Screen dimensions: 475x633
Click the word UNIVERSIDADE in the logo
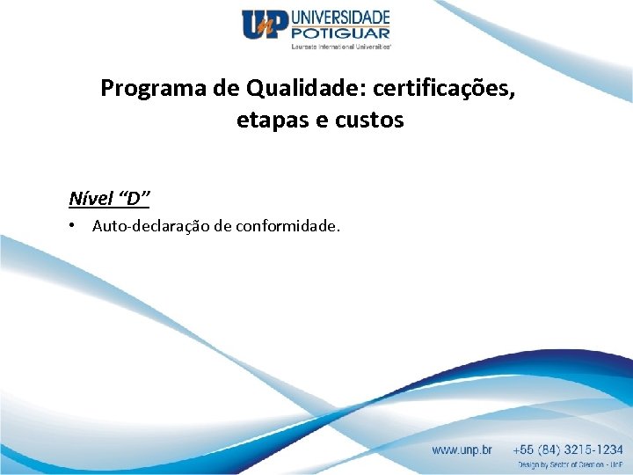point(339,16)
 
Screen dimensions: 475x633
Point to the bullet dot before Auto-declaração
point(72,226)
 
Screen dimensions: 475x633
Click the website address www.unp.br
point(462,449)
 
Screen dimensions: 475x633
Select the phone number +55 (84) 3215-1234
point(570,449)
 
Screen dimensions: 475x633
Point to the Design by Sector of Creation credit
point(570,464)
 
